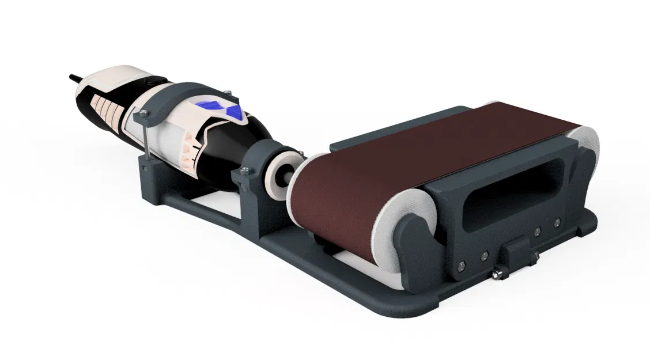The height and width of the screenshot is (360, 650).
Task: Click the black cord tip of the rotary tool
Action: (74, 76)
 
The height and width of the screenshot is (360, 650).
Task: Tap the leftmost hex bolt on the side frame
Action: (460, 266)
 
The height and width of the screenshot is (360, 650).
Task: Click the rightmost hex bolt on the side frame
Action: (557, 221)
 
